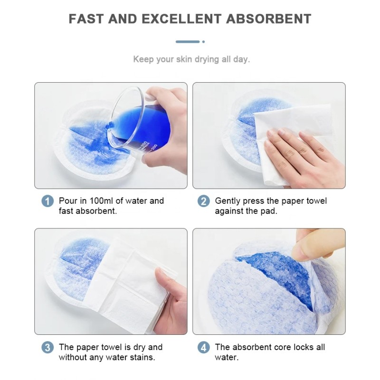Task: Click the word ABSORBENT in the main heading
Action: point(269,19)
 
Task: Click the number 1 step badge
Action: point(47,201)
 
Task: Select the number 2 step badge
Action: point(203,201)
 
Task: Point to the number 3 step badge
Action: point(47,348)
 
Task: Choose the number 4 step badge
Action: point(203,348)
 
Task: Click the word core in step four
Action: point(285,347)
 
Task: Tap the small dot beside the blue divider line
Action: point(203,42)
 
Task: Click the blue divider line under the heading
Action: point(187,42)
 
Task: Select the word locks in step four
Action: point(304,347)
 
